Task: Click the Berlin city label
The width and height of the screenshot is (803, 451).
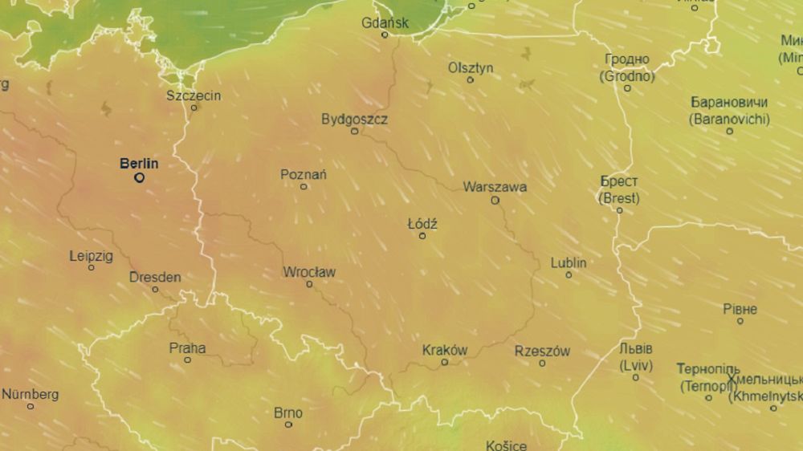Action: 139,164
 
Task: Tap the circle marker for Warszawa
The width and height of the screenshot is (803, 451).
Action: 495,201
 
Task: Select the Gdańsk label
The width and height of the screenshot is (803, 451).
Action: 385,22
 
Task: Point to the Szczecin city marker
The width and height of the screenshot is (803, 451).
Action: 194,108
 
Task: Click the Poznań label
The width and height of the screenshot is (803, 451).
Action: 304,174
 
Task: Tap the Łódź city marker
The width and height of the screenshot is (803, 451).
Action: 422,236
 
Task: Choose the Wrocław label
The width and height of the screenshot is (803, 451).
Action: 309,272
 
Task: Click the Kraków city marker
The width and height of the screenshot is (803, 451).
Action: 445,362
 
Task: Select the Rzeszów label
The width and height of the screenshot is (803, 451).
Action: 542,351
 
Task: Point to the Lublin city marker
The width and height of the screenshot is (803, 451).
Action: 569,275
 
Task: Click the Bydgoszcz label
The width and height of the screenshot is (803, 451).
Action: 354,119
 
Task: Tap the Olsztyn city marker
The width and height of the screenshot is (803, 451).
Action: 471,79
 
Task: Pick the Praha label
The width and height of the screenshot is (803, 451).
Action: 187,348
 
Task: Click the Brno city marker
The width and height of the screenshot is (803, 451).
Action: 288,425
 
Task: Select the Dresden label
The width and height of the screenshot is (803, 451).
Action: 155,278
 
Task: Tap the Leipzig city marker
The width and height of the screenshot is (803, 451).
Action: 91,267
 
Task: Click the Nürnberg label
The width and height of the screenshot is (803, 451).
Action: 31,394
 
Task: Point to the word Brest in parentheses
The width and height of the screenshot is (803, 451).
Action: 619,197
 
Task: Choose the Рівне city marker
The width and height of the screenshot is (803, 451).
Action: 740,321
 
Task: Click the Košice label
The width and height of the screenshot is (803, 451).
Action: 507,445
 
